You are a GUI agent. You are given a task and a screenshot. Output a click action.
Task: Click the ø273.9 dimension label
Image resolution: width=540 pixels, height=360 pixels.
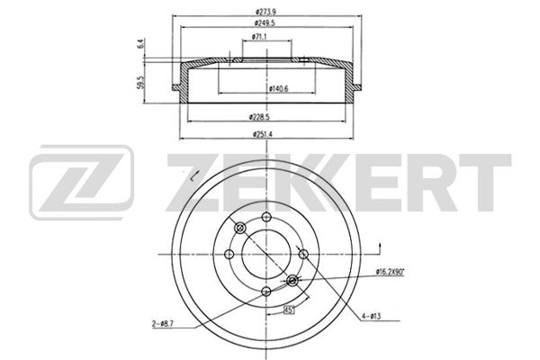point(265,12)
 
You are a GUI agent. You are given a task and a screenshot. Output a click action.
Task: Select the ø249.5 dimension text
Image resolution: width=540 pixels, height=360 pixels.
point(265,23)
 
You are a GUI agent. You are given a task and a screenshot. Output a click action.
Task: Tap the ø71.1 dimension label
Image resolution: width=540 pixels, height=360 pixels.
point(259,36)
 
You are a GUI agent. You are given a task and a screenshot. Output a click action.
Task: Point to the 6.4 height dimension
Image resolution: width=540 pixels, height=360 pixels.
point(140,44)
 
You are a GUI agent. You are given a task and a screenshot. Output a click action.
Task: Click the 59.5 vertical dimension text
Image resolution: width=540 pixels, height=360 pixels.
point(140,83)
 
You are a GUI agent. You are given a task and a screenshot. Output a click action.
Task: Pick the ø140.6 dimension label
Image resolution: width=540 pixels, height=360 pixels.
point(278,89)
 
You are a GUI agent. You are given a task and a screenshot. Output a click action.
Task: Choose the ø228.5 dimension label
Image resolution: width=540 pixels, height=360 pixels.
point(259,117)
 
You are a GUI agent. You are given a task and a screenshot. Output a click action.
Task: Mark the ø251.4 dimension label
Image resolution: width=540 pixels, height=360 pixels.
point(263,134)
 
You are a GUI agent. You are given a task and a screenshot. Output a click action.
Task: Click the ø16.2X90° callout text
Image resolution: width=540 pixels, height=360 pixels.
point(391,272)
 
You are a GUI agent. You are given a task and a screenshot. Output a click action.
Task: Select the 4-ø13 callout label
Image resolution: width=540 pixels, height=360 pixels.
point(371,316)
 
